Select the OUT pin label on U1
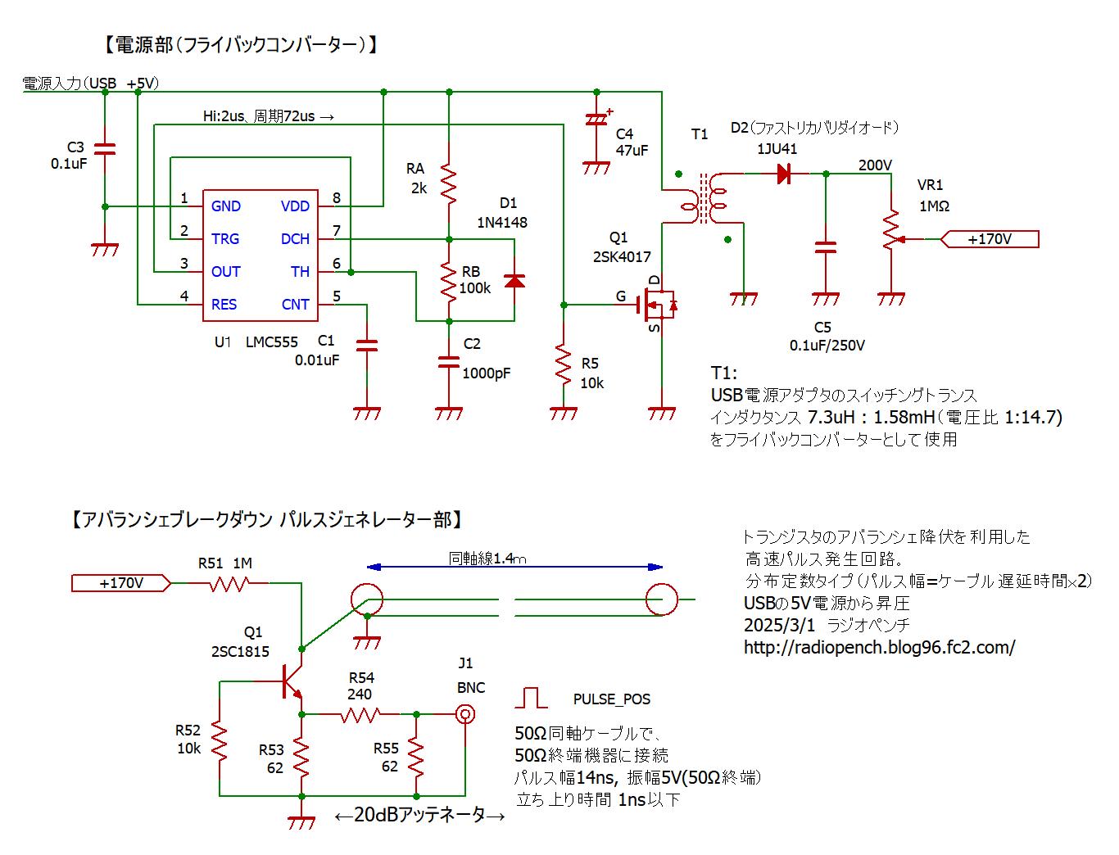225,272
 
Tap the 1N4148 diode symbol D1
514,280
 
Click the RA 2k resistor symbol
448,182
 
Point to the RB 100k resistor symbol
448,280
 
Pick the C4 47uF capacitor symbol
596,120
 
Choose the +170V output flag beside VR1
990,239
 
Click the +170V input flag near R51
121,583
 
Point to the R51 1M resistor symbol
228,583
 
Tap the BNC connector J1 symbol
464,714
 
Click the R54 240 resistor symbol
359,714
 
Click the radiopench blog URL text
879,647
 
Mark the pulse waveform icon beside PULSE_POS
532,698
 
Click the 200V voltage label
875,165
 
